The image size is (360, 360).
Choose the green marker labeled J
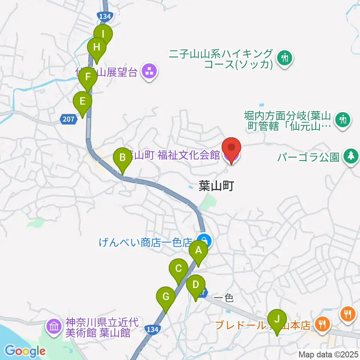(x=277, y=319)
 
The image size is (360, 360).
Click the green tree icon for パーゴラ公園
(x=351, y=156)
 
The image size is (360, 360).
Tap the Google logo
(x=25, y=351)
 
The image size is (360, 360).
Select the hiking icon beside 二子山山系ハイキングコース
(x=285, y=58)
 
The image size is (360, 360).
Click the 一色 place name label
(x=223, y=298)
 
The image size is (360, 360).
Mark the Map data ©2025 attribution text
(x=328, y=354)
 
